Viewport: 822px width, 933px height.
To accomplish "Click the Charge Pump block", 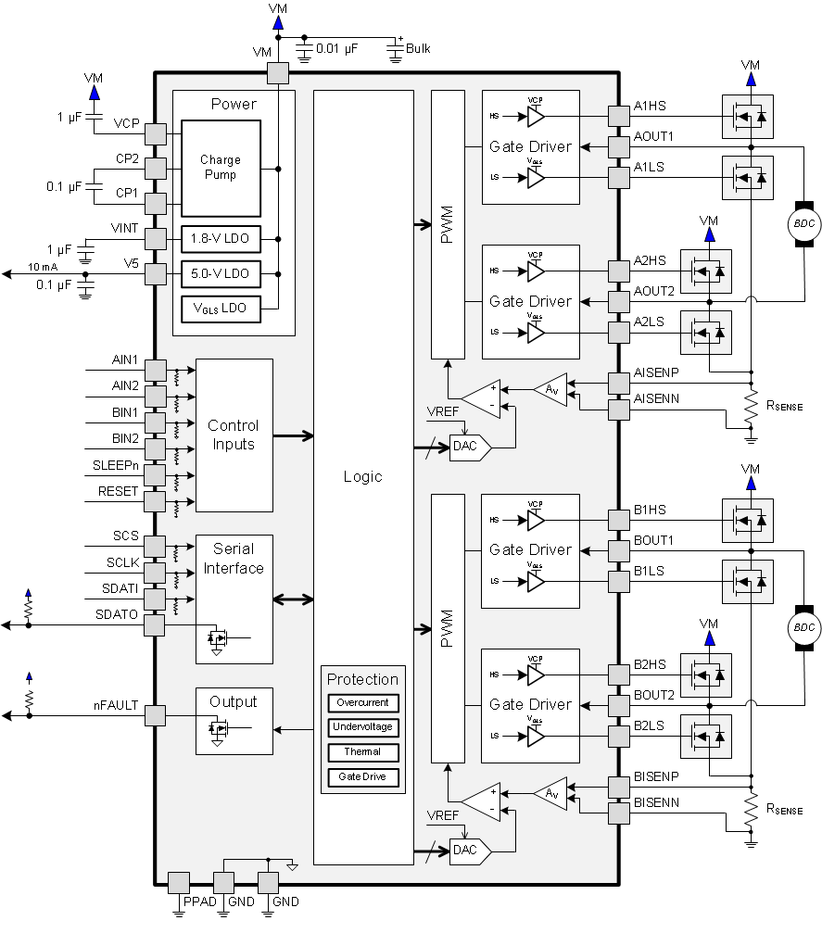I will pos(221,168).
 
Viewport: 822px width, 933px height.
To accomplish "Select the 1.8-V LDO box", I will pos(221,238).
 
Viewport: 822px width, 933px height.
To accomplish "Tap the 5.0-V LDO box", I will pos(221,274).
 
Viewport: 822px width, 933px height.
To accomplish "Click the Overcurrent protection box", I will pos(363,702).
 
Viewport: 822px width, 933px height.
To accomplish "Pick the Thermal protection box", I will pos(363,751).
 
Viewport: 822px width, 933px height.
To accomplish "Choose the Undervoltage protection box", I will pos(363,727).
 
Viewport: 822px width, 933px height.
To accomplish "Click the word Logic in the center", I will pos(362,476).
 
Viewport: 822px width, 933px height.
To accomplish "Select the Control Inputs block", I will pos(234,435).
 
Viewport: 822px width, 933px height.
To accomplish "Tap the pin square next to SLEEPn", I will pos(155,476).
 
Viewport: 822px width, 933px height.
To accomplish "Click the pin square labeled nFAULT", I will pos(155,715).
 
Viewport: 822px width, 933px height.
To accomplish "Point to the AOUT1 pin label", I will pos(653,136).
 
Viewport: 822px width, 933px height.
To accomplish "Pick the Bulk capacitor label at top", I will pos(418,48).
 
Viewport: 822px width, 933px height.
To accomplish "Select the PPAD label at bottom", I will pos(197,901).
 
